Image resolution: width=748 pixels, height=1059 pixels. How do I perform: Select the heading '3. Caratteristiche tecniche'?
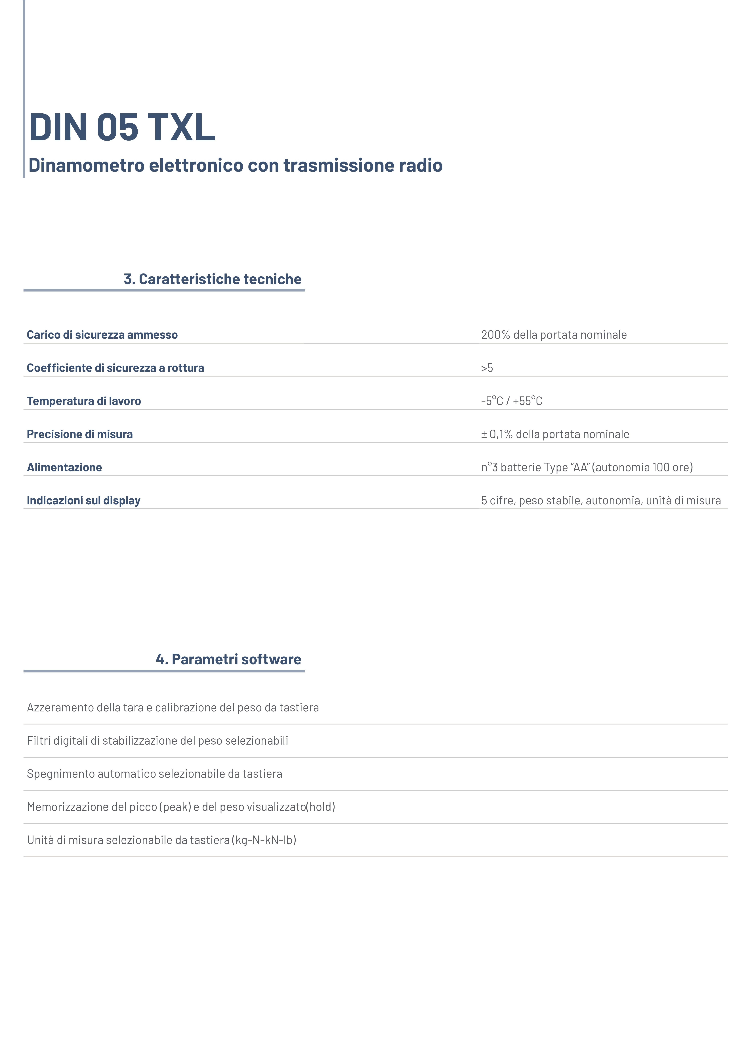coord(213,279)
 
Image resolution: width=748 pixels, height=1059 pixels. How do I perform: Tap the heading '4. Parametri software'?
coord(229,659)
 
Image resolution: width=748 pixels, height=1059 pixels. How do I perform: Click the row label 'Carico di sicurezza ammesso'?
coord(102,335)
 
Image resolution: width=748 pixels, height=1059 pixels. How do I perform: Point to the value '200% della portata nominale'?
coord(554,335)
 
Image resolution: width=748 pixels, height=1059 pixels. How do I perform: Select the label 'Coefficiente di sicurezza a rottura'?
coord(115,368)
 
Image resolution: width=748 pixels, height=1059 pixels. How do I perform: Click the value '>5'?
coord(487,368)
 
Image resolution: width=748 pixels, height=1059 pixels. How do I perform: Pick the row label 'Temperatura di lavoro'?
coord(84,401)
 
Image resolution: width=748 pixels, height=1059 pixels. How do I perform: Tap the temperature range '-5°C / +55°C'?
coord(512,401)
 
